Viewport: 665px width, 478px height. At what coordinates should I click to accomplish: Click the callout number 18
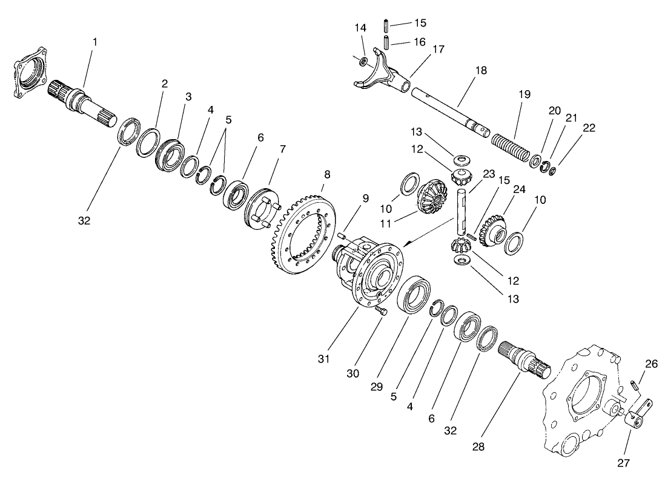coord(481,71)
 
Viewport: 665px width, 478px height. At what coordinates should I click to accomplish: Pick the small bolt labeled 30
coord(380,310)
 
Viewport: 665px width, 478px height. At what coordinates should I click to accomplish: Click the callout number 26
coord(651,364)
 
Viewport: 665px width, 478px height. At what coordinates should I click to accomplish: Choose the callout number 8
coord(327,174)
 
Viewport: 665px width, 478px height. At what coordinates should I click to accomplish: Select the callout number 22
coord(589,128)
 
